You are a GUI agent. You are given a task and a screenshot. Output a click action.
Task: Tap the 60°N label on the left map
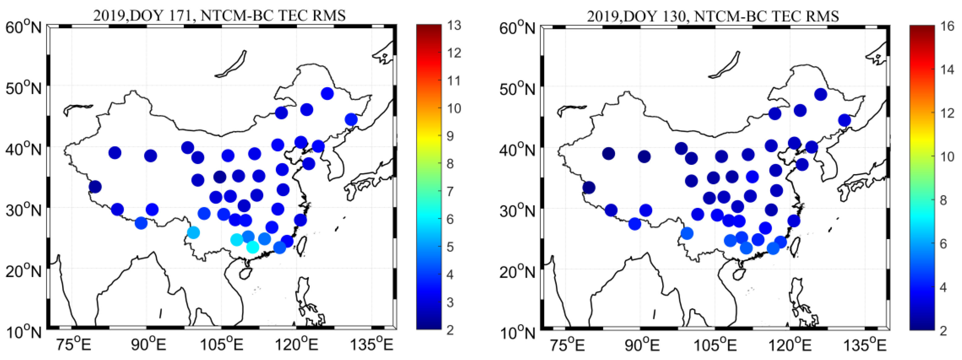click(x=23, y=27)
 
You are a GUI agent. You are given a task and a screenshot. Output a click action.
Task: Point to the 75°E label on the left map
click(x=74, y=344)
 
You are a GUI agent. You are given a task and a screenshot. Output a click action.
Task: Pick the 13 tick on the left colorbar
click(x=454, y=25)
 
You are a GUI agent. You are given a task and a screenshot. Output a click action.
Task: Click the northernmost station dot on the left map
click(x=327, y=93)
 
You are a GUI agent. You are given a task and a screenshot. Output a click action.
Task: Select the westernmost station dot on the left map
click(x=95, y=186)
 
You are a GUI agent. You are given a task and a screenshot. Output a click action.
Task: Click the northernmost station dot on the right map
click(x=820, y=94)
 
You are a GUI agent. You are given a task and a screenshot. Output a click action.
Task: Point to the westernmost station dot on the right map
click(x=589, y=187)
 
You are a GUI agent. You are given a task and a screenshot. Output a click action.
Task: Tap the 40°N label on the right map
click(x=517, y=150)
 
